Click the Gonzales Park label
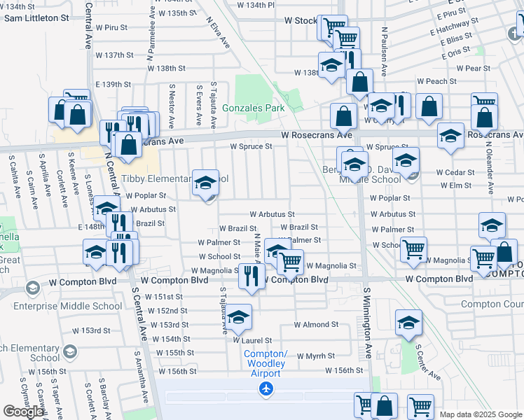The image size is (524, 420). coord(254,108)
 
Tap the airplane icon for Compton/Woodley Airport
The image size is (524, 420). coord(266,388)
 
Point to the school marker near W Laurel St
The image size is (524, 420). coord(238,318)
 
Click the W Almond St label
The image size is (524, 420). coord(316,325)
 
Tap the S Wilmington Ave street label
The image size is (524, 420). coord(367,322)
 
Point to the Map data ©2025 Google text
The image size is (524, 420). coord(481,414)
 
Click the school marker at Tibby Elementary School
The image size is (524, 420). coord(205,183)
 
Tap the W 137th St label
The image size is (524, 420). coord(114,55)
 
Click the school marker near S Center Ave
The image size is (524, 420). coord(408,323)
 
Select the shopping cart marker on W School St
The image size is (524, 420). coord(414,248)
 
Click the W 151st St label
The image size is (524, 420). coord(164,297)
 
